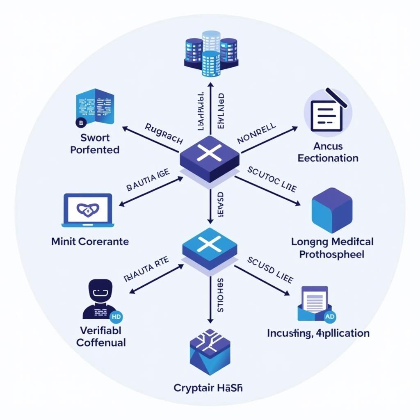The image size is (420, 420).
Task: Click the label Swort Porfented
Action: pyautogui.click(x=95, y=144)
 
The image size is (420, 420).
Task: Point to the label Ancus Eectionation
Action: pyautogui.click(x=328, y=152)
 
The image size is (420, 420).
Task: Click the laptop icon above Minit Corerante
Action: pyautogui.click(x=88, y=210)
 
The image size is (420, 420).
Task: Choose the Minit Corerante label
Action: pyautogui.click(x=90, y=242)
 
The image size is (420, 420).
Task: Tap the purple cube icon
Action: pyautogui.click(x=331, y=210)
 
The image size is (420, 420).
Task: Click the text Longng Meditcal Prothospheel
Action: pyautogui.click(x=332, y=248)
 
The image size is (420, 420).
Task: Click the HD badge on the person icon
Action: pyautogui.click(x=116, y=316)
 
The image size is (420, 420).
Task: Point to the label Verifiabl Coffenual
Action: pyautogui.click(x=101, y=336)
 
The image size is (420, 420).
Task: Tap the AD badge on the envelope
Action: pyautogui.click(x=329, y=316)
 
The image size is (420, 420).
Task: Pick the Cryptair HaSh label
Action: pyautogui.click(x=208, y=388)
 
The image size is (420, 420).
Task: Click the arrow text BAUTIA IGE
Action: pyautogui.click(x=148, y=181)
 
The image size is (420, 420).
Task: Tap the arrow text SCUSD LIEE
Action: pyautogui.click(x=270, y=270)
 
